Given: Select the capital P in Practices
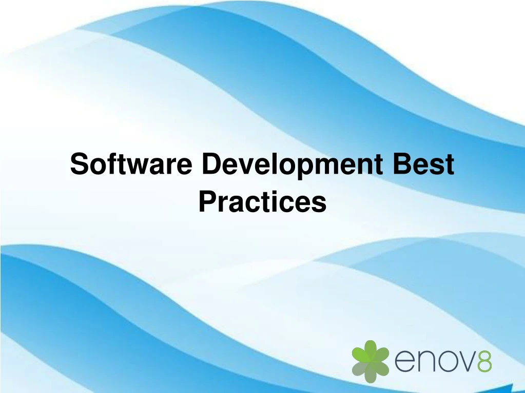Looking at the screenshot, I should (206, 201).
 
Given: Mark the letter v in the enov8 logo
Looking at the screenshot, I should (466, 363).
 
